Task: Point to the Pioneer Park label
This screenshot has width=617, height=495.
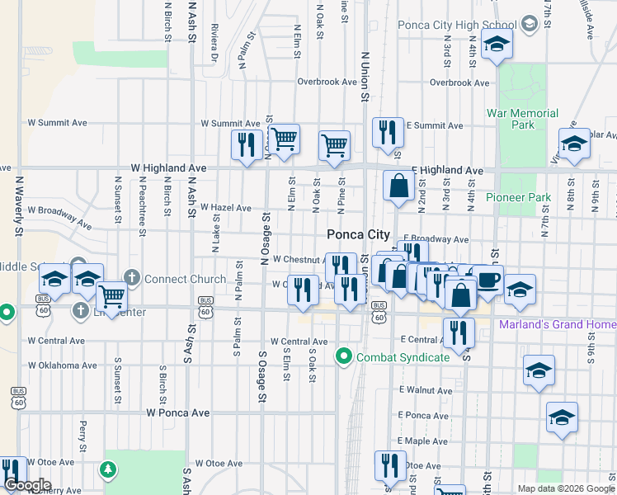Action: pos(517,197)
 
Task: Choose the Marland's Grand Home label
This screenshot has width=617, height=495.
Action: pos(557,324)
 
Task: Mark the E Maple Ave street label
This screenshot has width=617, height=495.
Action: pos(422,441)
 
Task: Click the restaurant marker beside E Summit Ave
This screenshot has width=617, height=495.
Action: pos(388,132)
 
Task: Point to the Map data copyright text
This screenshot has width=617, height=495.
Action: pos(565,488)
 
